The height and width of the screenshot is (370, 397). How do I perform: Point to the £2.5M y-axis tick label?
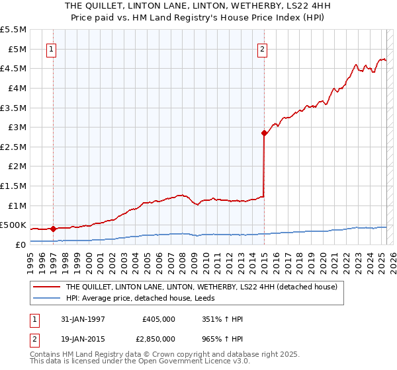[13, 147]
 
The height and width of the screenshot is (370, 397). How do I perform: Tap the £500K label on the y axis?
[13, 225]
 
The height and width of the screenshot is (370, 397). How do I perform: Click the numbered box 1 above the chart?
[52, 48]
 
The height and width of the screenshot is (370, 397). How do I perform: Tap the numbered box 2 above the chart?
[263, 48]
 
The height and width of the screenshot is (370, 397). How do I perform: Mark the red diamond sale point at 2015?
[264, 133]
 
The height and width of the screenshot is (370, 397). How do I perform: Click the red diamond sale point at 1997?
[53, 229]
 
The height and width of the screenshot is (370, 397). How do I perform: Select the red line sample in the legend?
[46, 287]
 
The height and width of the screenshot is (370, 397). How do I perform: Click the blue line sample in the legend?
[46, 298]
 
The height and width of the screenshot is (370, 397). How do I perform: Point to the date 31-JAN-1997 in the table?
[83, 319]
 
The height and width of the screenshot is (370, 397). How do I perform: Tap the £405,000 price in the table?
[159, 319]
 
